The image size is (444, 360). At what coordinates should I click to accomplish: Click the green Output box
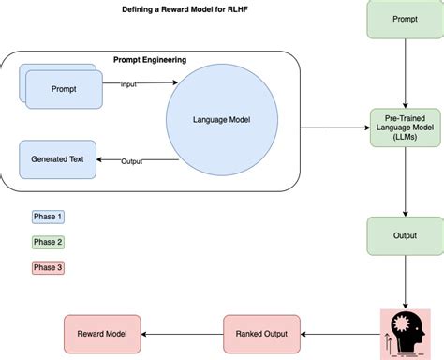tap(405, 235)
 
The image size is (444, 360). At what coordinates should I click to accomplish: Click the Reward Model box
tap(102, 334)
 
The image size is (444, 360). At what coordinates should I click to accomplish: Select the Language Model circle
tap(221, 119)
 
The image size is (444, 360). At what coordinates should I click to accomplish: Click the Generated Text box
tap(57, 159)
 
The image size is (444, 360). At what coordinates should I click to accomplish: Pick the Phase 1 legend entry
tap(48, 217)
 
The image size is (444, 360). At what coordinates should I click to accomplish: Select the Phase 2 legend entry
tap(48, 242)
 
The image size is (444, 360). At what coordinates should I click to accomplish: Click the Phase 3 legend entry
tap(48, 268)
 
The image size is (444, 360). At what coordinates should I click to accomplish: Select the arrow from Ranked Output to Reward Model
tap(182, 334)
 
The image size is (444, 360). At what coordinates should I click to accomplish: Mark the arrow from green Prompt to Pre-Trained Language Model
tap(405, 75)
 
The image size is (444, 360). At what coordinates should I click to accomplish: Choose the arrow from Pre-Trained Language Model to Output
tap(405, 183)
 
